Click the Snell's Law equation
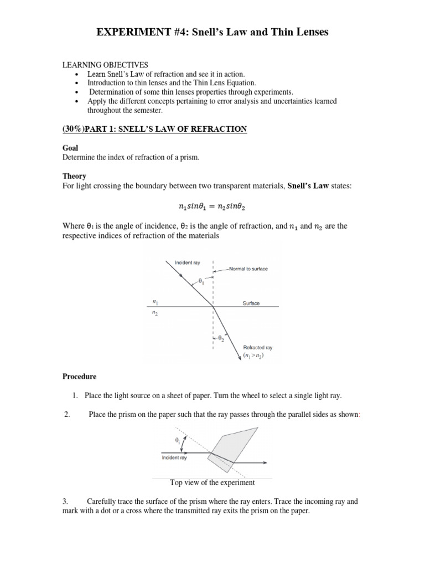click(x=212, y=207)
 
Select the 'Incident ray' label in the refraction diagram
click(x=187, y=262)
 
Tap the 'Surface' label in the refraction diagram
click(x=251, y=303)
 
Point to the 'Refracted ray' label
click(x=258, y=348)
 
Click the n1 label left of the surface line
click(x=156, y=302)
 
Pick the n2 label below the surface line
click(x=156, y=313)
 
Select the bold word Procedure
click(x=79, y=377)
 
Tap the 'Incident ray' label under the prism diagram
click(x=174, y=458)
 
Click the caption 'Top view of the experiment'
click(x=212, y=482)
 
